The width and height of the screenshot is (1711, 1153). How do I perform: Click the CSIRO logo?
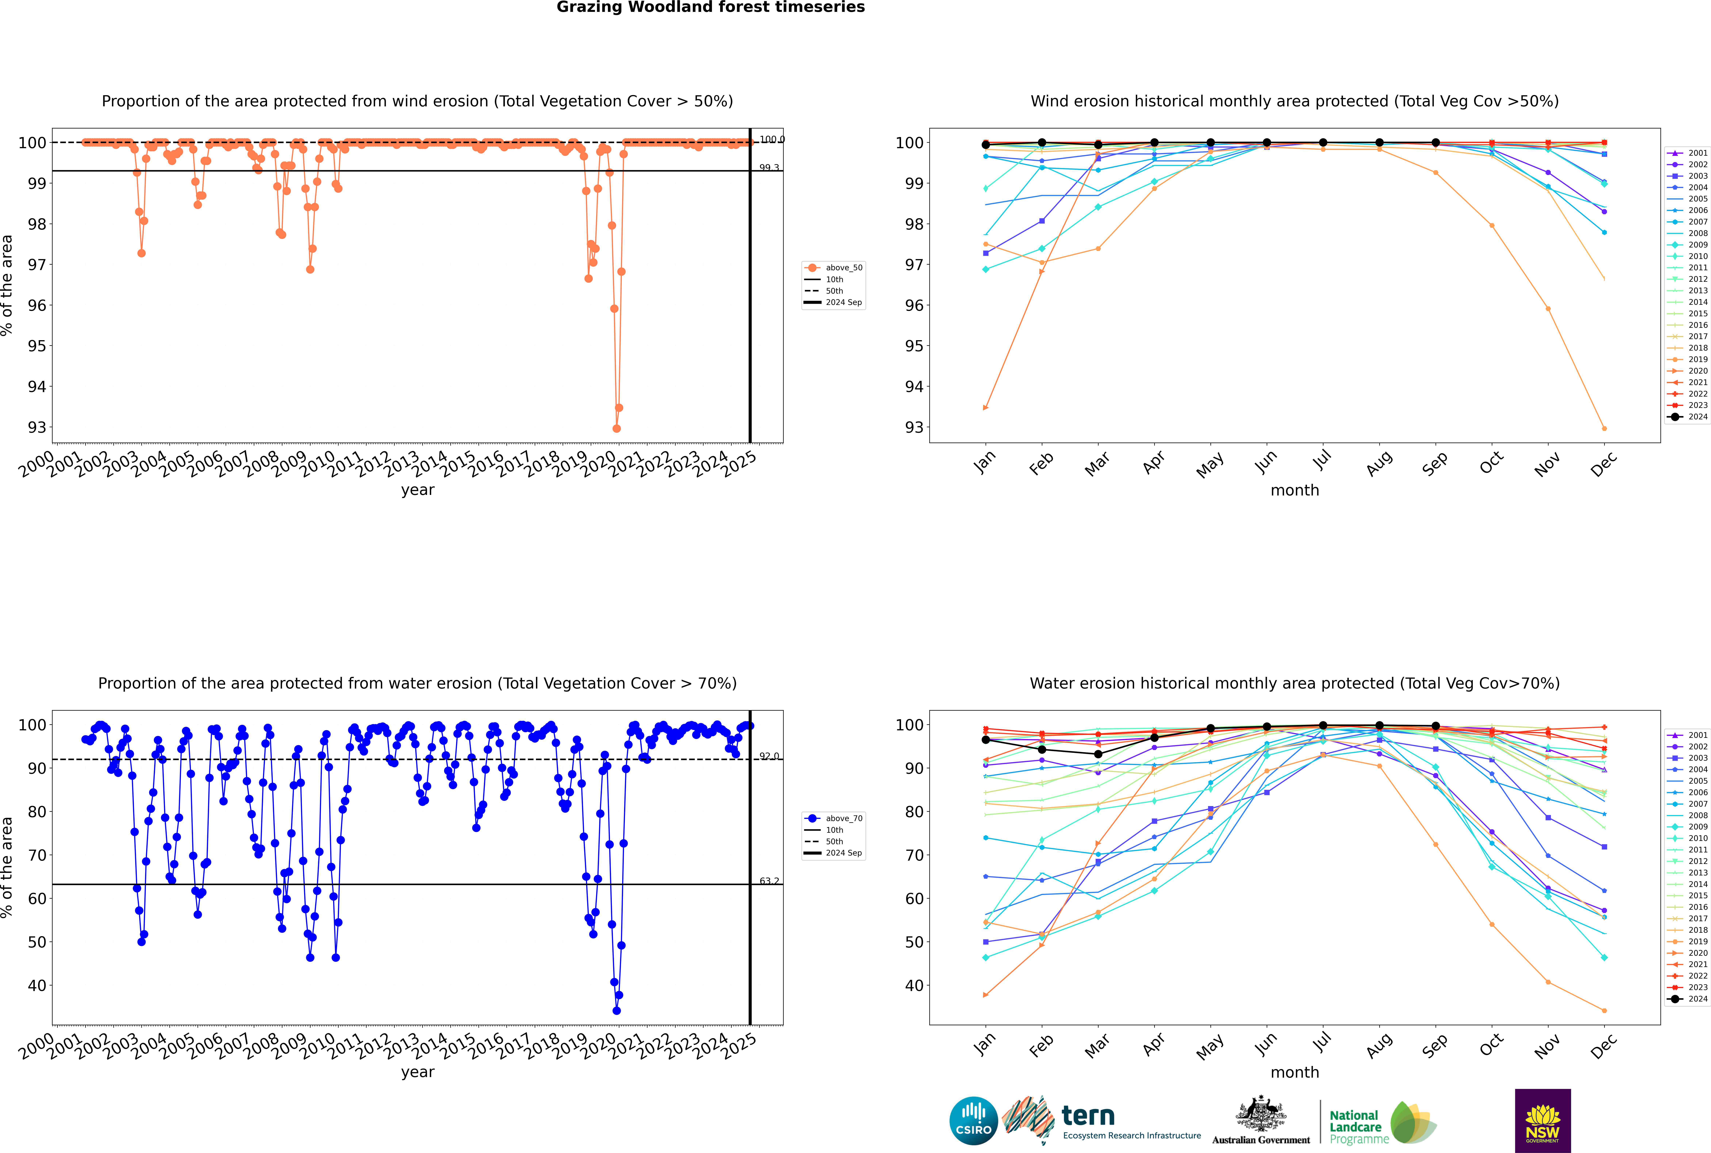pos(973,1121)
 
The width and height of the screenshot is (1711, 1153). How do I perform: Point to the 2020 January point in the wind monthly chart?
pos(986,407)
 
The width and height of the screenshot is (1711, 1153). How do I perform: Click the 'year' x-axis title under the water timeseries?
pos(417,1072)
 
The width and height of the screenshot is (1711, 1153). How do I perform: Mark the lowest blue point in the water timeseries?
pos(616,1010)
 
